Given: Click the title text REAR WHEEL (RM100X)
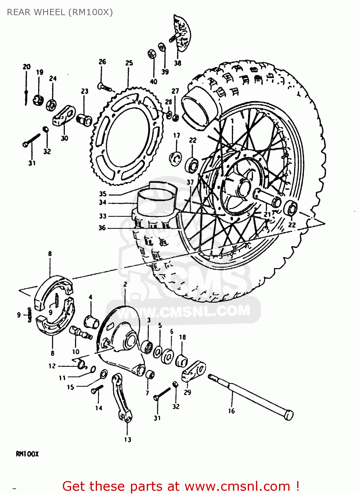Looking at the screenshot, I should (60, 12).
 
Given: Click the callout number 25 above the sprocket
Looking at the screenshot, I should (129, 63).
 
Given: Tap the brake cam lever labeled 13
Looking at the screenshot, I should (122, 398).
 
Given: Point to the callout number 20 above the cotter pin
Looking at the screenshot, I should (27, 67).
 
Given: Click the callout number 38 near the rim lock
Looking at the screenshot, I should (177, 63).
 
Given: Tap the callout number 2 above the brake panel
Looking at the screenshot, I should (125, 284).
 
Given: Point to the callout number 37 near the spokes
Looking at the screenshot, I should (190, 182).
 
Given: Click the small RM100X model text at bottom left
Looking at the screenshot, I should (27, 454).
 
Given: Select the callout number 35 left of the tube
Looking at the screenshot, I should (103, 194).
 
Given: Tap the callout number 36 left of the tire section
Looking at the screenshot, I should (102, 228).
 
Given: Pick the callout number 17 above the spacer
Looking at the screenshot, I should (177, 135).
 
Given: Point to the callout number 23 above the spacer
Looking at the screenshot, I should (85, 91).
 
